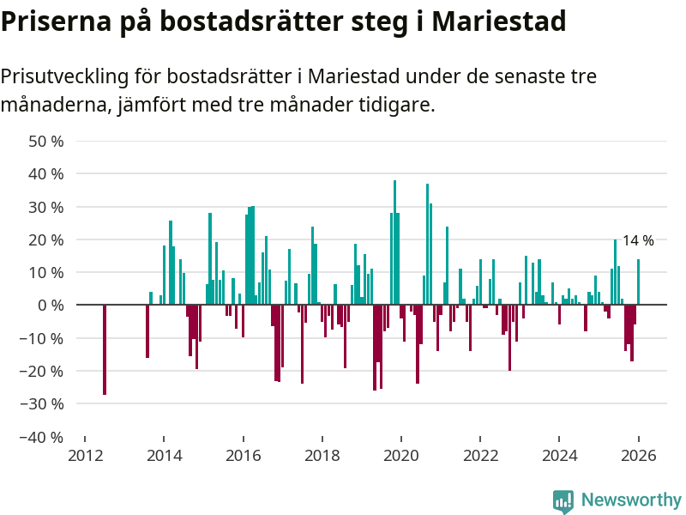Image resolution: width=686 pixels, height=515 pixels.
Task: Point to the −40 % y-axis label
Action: coord(42,437)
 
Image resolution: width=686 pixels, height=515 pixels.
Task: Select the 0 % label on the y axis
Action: coord(51,306)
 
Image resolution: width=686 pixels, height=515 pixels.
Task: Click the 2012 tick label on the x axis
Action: coord(85,456)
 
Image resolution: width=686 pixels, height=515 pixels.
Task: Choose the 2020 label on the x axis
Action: coord(401,456)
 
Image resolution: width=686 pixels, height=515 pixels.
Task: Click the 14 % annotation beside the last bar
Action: coord(638,240)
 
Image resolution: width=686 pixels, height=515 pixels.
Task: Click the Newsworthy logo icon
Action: coord(563,501)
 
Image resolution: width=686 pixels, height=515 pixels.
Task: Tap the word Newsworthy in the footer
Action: coord(631,500)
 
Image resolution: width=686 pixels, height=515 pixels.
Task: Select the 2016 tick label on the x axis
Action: coord(244,456)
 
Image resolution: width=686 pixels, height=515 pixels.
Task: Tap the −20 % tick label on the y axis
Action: coord(42,371)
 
